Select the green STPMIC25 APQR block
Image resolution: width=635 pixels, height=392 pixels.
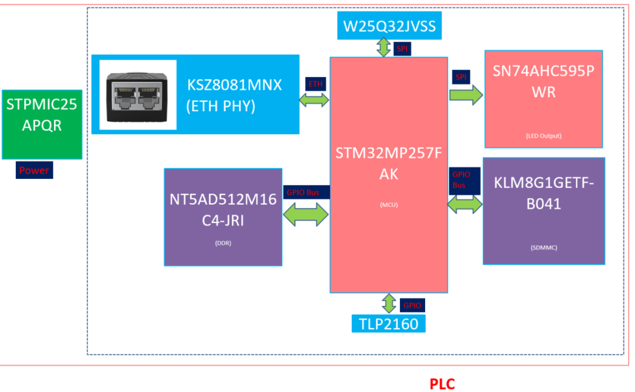point(42,124)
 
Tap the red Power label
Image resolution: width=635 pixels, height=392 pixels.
point(34,171)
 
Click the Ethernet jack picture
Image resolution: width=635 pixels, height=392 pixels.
point(138,95)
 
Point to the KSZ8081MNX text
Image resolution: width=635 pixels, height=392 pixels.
point(235,85)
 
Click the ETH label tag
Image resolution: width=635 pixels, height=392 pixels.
point(316,84)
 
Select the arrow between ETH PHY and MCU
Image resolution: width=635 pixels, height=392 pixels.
point(315,99)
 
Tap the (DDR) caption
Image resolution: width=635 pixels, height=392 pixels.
point(223,242)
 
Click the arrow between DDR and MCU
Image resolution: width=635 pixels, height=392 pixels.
point(306,214)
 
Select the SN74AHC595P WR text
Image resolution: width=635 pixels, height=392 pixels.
point(544,82)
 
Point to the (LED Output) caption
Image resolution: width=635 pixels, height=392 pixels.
point(544,136)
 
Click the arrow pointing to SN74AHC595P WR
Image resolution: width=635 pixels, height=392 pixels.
point(466,95)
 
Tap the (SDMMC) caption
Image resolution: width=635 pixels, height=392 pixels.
point(544,247)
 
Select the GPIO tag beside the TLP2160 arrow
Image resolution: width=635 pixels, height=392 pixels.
point(412,305)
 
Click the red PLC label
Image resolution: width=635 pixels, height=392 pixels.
point(442,384)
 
